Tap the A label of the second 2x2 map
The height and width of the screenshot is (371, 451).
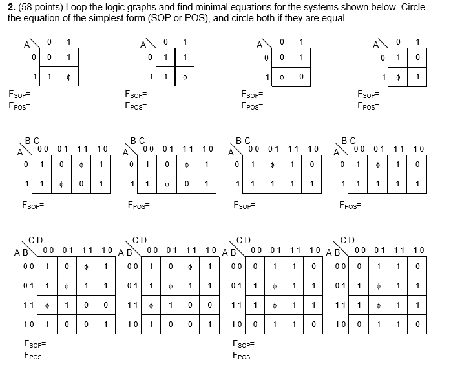coord(143,45)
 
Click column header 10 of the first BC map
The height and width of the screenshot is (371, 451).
coord(103,148)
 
